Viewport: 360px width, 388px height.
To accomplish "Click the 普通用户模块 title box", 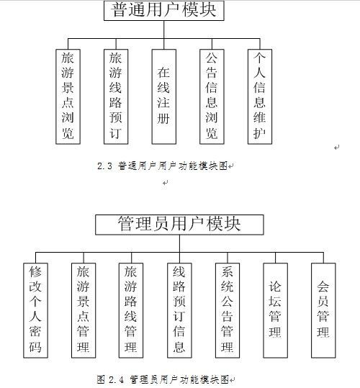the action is pyautogui.click(x=163, y=10).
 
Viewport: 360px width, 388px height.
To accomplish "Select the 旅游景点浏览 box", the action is pyautogui.click(x=68, y=96).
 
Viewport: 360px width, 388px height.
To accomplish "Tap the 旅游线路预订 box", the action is pyautogui.click(x=116, y=96).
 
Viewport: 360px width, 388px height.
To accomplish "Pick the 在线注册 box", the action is pyautogui.click(x=163, y=96).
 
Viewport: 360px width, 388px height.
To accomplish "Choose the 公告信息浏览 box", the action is pyautogui.click(x=212, y=96).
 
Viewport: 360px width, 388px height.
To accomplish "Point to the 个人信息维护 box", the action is pyautogui.click(x=260, y=96).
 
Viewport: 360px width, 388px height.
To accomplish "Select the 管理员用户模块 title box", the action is pyautogui.click(x=179, y=225).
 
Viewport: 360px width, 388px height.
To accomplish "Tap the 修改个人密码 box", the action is pyautogui.click(x=35, y=310).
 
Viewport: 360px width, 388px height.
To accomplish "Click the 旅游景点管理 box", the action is pyautogui.click(x=84, y=310).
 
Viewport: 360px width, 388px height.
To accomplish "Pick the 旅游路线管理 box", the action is pyautogui.click(x=131, y=310).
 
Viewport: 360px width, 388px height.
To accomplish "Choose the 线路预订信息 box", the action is pyautogui.click(x=179, y=310).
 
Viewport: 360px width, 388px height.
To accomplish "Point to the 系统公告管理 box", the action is pyautogui.click(x=228, y=310).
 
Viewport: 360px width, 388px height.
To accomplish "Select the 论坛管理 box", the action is pyautogui.click(x=275, y=310).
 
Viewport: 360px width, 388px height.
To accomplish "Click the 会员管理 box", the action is pyautogui.click(x=323, y=310).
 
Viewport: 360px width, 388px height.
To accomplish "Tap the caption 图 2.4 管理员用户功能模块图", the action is pyautogui.click(x=163, y=379).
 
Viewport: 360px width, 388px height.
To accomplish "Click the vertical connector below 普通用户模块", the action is pyautogui.click(x=163, y=35).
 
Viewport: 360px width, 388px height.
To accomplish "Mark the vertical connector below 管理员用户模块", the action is pyautogui.click(x=179, y=249).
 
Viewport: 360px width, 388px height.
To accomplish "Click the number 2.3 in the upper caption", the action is pyautogui.click(x=104, y=166).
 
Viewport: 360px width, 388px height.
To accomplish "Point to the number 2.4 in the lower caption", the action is pyautogui.click(x=116, y=379).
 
